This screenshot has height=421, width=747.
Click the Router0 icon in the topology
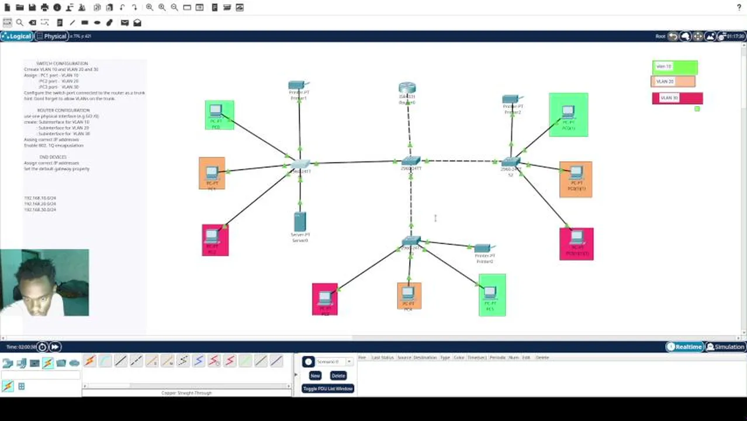(407, 89)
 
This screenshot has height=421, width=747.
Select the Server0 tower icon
(300, 222)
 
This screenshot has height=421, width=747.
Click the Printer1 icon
(297, 85)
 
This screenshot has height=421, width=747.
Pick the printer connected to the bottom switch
(483, 249)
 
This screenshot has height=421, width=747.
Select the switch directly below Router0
(410, 161)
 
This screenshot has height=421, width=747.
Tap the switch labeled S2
(510, 162)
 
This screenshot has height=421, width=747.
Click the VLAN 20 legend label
(673, 82)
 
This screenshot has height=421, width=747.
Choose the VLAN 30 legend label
(677, 98)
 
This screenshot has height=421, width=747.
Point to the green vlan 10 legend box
(675, 67)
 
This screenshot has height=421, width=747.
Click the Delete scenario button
(338, 375)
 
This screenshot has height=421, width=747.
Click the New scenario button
(315, 375)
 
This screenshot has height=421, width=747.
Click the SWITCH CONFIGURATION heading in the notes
(62, 63)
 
